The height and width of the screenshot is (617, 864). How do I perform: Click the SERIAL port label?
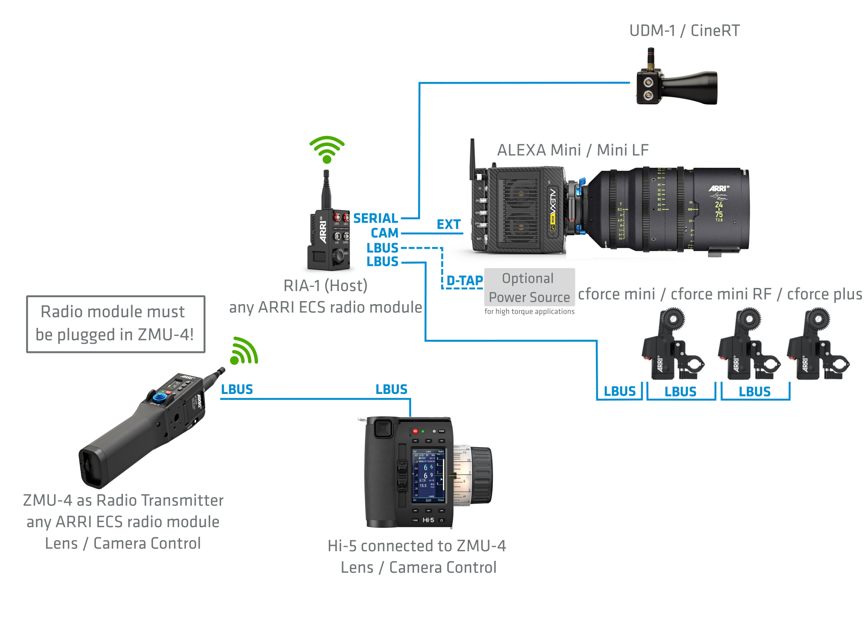click(x=375, y=218)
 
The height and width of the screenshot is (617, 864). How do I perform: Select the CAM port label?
click(x=384, y=233)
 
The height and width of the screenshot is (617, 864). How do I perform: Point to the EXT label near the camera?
click(x=449, y=224)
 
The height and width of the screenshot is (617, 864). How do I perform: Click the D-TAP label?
click(x=465, y=281)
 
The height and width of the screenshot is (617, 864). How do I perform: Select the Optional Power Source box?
click(x=529, y=288)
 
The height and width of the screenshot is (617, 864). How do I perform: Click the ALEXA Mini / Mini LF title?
click(x=573, y=150)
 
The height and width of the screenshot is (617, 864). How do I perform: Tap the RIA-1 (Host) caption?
click(x=325, y=286)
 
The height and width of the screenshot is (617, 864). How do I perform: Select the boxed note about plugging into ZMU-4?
click(x=116, y=324)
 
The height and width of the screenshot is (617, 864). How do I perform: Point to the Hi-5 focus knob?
click(x=480, y=475)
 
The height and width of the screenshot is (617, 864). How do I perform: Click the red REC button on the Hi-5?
click(x=415, y=431)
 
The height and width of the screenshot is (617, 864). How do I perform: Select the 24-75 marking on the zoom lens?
click(x=719, y=210)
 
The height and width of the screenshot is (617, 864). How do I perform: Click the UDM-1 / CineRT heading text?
click(x=684, y=31)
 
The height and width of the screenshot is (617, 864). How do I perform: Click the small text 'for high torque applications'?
click(x=529, y=312)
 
